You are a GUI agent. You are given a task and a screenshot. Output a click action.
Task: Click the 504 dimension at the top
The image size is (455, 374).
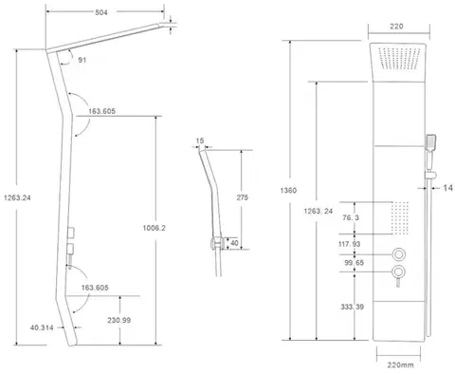pos(101,12)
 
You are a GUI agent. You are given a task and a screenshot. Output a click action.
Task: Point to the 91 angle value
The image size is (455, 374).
pos(82,60)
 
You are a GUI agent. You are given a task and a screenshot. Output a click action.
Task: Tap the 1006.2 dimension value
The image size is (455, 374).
pos(155,228)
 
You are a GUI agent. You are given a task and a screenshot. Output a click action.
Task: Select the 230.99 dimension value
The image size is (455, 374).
pos(118,320)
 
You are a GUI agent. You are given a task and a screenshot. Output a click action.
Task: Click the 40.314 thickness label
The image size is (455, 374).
pos(42,327)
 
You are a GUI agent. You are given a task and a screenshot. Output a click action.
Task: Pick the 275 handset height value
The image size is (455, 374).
pos(243,197)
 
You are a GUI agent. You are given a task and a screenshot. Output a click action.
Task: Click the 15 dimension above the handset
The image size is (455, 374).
pos(200,140)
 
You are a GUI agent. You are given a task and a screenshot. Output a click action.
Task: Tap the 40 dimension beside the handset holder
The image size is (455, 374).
pos(234,243)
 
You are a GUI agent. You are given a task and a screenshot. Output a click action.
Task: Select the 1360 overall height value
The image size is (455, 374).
pos(288,190)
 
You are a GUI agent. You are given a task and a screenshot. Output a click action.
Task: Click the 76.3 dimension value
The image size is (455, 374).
pos(351,217)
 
